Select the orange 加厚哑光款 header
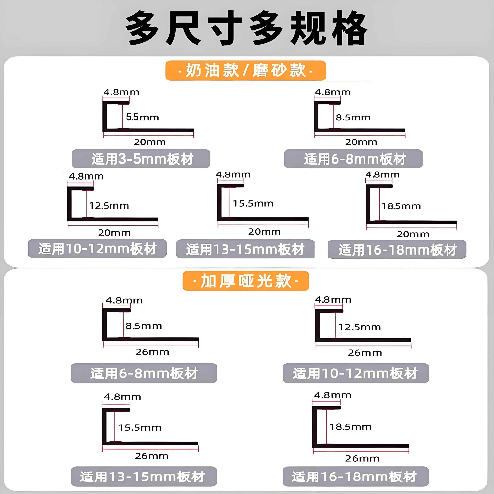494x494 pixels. tap(245, 281)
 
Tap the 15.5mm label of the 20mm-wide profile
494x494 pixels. tap(253, 203)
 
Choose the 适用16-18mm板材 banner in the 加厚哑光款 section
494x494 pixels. tap(355, 477)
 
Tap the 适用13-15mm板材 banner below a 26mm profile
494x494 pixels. tap(144, 477)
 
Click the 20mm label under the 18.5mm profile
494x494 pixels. tap(413, 234)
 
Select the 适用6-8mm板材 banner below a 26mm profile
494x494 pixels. tap(144, 373)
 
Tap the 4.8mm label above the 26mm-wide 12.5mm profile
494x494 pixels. tap(333, 300)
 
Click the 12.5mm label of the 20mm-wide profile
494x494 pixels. tap(109, 206)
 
